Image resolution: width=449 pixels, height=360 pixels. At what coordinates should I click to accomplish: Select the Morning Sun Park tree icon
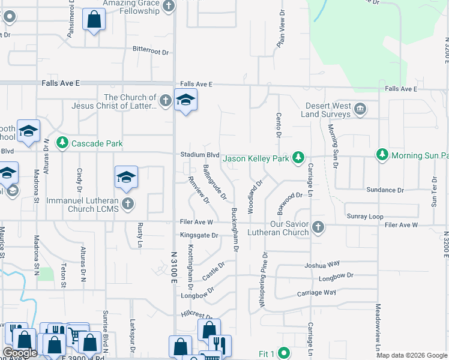[382, 155]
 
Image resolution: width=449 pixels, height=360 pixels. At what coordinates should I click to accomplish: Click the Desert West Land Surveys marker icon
[360, 109]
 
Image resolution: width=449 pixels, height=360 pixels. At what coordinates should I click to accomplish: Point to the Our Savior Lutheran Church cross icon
[319, 227]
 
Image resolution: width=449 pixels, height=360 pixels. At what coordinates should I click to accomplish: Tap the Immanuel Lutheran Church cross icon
[127, 204]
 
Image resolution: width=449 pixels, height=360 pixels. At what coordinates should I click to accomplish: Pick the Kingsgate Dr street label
[199, 236]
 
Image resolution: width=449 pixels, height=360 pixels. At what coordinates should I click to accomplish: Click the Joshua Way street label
[322, 264]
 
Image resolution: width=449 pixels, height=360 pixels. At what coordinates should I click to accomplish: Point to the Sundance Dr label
[384, 190]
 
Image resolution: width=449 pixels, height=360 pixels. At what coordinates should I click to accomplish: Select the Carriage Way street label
[316, 293]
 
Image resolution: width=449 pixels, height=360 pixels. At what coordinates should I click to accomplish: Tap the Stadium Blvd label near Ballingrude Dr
[200, 155]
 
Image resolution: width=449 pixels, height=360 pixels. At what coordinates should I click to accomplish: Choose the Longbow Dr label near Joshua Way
[336, 276]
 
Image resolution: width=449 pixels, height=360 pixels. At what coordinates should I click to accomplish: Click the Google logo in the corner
[20, 353]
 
